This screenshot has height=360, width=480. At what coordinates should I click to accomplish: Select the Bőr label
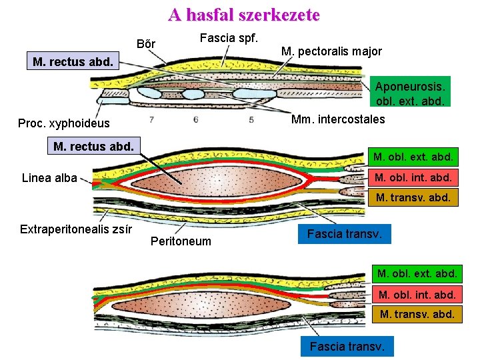click(146, 45)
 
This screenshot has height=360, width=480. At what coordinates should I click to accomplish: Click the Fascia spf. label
click(229, 38)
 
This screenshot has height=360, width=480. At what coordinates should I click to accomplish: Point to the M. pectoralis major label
click(331, 51)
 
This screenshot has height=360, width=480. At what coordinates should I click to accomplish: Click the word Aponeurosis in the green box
click(410, 87)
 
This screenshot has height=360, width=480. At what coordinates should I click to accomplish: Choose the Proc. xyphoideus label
click(64, 123)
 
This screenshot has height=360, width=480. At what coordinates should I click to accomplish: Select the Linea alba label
click(49, 177)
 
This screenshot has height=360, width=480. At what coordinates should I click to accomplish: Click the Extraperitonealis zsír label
click(76, 229)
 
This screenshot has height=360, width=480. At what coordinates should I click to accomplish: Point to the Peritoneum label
click(181, 241)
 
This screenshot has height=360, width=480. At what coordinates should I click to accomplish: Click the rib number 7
click(152, 120)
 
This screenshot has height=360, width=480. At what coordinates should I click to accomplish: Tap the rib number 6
click(195, 120)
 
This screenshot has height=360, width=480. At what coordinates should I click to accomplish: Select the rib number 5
click(251, 120)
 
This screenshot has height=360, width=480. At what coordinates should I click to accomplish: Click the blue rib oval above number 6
click(193, 94)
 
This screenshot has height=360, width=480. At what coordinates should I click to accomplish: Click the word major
click(366, 51)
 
